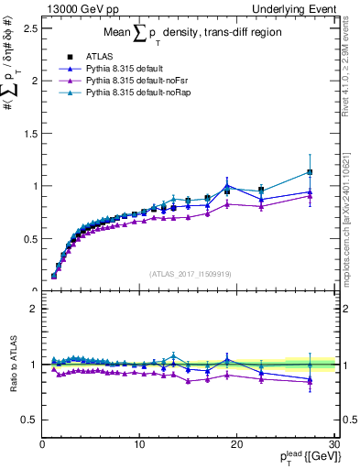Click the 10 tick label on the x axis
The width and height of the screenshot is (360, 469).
pos(139,444)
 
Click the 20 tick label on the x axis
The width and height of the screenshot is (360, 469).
pos(236,444)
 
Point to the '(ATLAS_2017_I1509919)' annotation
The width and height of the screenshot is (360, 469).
pos(189,273)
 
